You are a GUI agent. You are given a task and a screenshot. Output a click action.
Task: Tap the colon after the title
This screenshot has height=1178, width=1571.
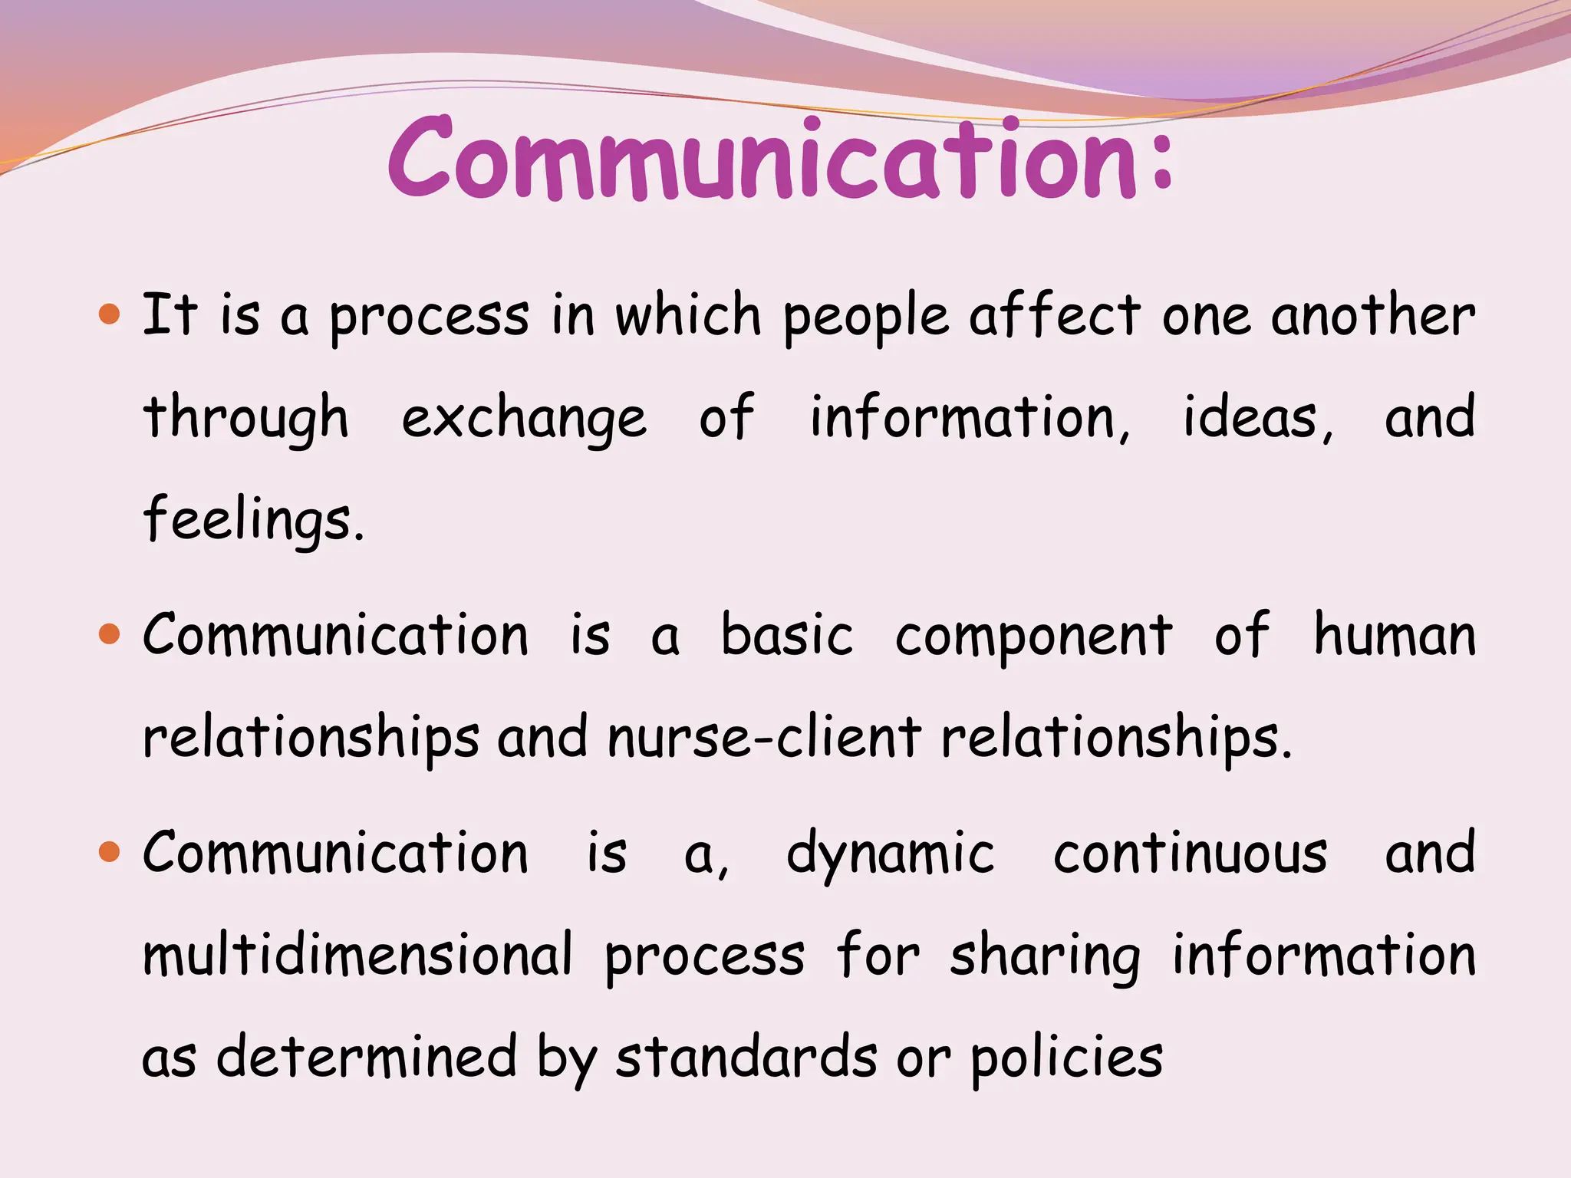pyautogui.click(x=1162, y=161)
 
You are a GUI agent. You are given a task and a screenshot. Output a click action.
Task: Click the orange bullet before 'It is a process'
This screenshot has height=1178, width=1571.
pyautogui.click(x=110, y=314)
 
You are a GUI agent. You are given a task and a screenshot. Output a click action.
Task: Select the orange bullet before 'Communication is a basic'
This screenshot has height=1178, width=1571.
pyautogui.click(x=110, y=634)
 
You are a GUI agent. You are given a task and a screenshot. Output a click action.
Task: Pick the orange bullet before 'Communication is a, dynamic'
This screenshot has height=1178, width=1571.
pyautogui.click(x=110, y=851)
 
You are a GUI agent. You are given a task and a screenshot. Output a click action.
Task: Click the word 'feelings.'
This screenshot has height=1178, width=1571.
pyautogui.click(x=254, y=520)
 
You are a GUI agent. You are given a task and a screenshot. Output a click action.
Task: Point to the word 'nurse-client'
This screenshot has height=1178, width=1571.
pyautogui.click(x=764, y=737)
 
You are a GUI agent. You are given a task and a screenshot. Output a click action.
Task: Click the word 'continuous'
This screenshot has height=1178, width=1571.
pyautogui.click(x=1190, y=853)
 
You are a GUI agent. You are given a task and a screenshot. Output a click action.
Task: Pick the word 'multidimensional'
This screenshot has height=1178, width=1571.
pyautogui.click(x=357, y=955)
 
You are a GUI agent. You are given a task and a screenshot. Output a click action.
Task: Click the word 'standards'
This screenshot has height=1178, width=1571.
pyautogui.click(x=746, y=1057)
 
